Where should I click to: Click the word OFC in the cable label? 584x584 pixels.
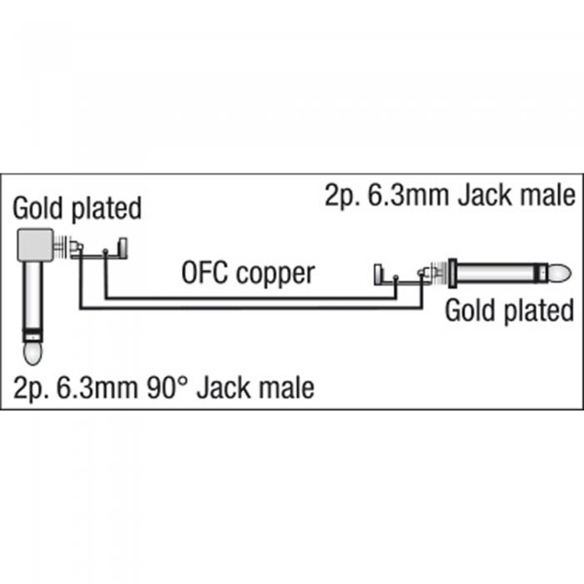tap(206, 273)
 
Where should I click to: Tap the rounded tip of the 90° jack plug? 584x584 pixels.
tap(33, 353)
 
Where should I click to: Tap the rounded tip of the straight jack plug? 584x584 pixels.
tap(560, 274)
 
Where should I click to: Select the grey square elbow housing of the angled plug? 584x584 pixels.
tap(36, 244)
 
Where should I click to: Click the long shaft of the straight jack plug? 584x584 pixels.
tap(495, 274)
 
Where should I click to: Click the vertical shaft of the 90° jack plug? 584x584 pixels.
tap(33, 295)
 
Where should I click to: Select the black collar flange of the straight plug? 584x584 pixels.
tap(452, 274)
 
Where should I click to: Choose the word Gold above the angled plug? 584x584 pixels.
tap(38, 208)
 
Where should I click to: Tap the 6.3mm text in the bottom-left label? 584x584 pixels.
tap(98, 388)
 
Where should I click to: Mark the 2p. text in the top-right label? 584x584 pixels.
tap(342, 197)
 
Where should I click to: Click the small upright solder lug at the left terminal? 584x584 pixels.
tap(123, 248)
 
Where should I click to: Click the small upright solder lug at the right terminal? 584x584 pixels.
tap(379, 274)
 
